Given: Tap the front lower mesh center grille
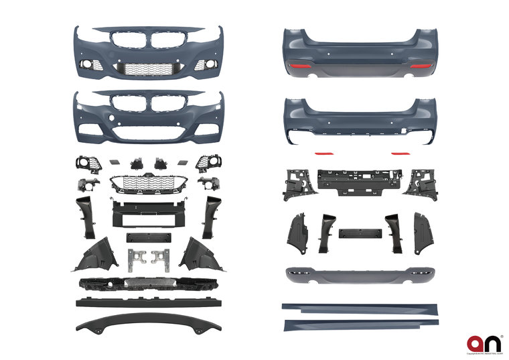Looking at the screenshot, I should [x=149, y=181].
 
